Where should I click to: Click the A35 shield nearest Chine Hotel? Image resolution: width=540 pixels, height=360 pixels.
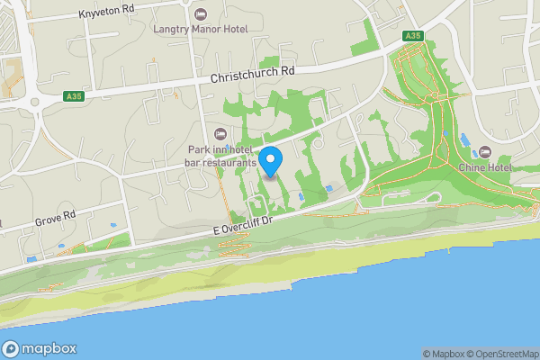(x=413, y=35)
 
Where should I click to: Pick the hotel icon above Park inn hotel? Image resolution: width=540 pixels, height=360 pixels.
(x=220, y=133)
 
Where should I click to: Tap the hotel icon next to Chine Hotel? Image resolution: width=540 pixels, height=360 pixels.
(x=485, y=151)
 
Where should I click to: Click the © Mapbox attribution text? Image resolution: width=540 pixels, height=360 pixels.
(x=442, y=354)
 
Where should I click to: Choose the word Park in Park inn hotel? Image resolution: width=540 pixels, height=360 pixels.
(x=199, y=149)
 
